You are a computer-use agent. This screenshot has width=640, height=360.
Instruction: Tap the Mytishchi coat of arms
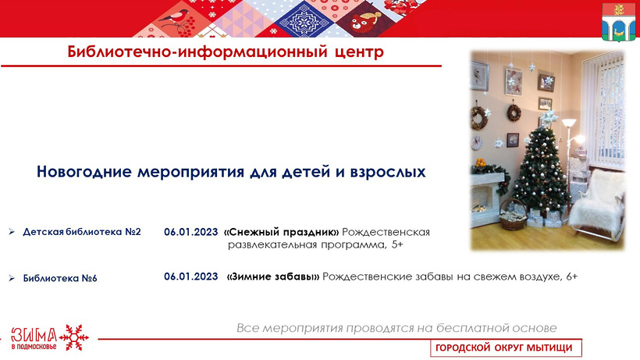click(x=619, y=22)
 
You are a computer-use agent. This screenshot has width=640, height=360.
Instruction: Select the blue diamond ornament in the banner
click(x=304, y=20)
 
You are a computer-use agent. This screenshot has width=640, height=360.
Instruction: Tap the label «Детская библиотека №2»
click(x=82, y=232)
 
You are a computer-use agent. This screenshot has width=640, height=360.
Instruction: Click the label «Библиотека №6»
click(x=60, y=278)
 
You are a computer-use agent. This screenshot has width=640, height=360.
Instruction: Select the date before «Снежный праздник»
click(x=191, y=232)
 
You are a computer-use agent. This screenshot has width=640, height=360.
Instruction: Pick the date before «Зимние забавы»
click(x=191, y=276)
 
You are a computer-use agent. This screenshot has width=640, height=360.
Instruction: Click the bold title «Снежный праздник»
click(x=282, y=232)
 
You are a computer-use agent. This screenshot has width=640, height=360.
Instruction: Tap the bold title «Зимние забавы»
click(x=273, y=276)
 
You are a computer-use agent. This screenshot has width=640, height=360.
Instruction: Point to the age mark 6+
click(x=572, y=276)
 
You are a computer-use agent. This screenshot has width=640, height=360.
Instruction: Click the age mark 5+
click(x=397, y=245)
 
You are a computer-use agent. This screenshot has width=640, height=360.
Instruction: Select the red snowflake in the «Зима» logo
click(x=74, y=337)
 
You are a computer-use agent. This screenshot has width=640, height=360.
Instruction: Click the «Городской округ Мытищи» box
click(x=506, y=348)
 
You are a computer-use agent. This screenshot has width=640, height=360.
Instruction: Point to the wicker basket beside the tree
click(x=513, y=215)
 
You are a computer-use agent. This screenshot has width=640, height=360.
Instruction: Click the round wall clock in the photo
click(x=476, y=143)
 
